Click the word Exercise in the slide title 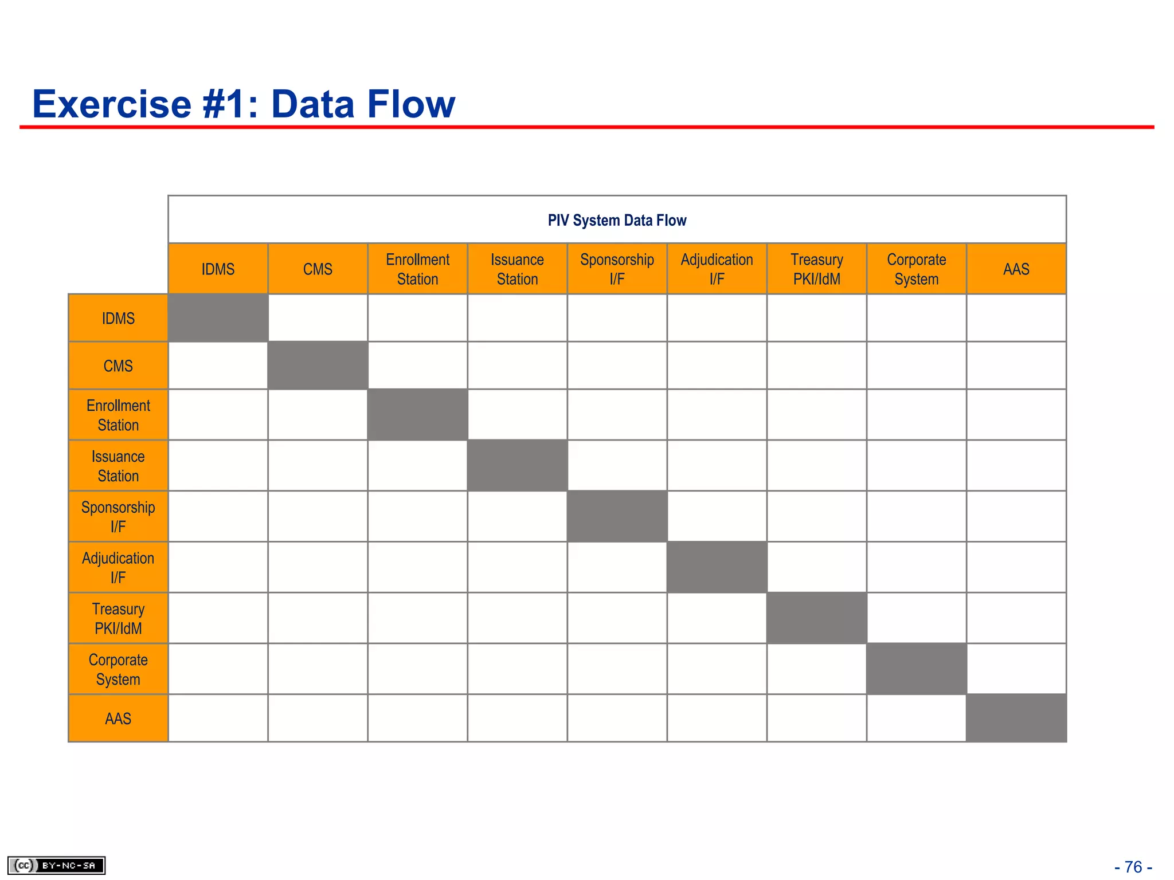(112, 104)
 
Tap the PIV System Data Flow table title (617, 221)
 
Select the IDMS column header (218, 269)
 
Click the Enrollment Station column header (417, 269)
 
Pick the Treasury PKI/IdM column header (816, 269)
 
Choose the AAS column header (1016, 269)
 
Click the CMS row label (118, 366)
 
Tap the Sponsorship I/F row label (118, 517)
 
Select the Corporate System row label (118, 669)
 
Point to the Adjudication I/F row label (118, 568)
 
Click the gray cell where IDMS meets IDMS (218, 318)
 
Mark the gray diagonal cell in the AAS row (1016, 718)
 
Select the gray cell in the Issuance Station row (517, 466)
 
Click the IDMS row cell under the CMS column (318, 318)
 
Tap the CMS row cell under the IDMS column (218, 366)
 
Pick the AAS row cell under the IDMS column (218, 718)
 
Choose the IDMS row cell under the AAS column (1016, 318)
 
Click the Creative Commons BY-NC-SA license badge (56, 865)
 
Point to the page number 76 (1133, 867)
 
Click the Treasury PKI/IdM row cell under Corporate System (916, 618)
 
